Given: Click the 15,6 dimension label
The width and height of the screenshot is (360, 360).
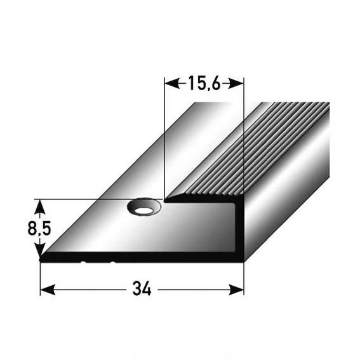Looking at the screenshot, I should [203, 83].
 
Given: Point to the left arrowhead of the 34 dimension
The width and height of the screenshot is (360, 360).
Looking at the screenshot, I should [45, 290].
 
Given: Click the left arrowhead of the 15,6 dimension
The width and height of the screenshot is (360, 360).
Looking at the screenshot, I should [169, 83].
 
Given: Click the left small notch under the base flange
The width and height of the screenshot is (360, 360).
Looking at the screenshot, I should [82, 261].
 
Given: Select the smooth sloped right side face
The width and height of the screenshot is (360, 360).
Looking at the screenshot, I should [286, 190].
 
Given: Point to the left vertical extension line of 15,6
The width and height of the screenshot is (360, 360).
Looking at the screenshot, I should [164, 140].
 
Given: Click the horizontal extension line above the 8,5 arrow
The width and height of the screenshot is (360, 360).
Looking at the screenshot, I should [83, 199].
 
